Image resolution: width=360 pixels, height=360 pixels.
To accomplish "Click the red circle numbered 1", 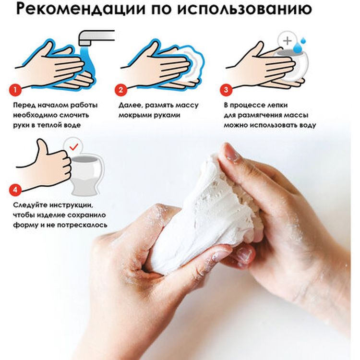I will [16, 90].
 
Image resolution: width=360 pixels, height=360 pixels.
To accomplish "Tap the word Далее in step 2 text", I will [128, 105].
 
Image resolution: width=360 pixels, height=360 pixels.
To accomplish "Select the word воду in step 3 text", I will [306, 125].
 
